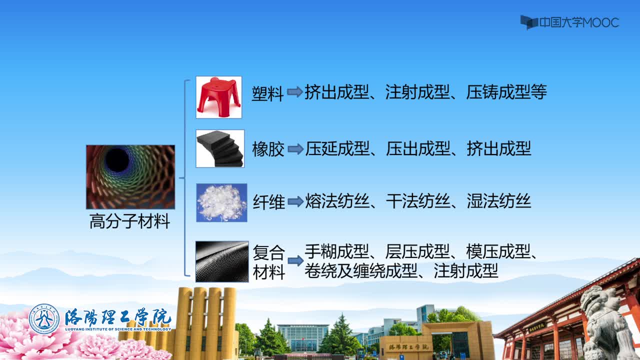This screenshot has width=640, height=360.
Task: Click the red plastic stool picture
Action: (219, 97)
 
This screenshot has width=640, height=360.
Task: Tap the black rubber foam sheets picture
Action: (220, 148)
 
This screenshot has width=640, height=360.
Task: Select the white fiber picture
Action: (221, 202)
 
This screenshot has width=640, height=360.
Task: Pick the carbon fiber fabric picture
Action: (222, 261)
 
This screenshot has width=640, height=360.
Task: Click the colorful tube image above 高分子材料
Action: (130, 177)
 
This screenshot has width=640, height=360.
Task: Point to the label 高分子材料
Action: (129, 221)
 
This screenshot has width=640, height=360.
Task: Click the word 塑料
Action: (267, 93)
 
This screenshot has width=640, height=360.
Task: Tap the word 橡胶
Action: (268, 149)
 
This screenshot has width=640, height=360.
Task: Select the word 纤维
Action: (269, 202)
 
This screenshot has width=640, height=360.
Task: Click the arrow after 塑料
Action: (295, 91)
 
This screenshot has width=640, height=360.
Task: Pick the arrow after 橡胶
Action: (295, 149)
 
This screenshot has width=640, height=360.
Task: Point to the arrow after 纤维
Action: (295, 201)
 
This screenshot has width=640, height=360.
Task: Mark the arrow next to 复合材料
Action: (295, 260)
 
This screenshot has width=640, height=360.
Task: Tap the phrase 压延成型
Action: (337, 148)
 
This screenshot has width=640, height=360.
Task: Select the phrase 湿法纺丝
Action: (499, 201)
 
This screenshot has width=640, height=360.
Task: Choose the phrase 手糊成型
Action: (337, 251)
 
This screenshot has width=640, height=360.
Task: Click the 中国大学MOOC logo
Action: (569, 22)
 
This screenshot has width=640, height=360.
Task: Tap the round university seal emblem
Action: (44, 319)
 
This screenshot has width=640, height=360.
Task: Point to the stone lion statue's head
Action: (595, 300)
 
